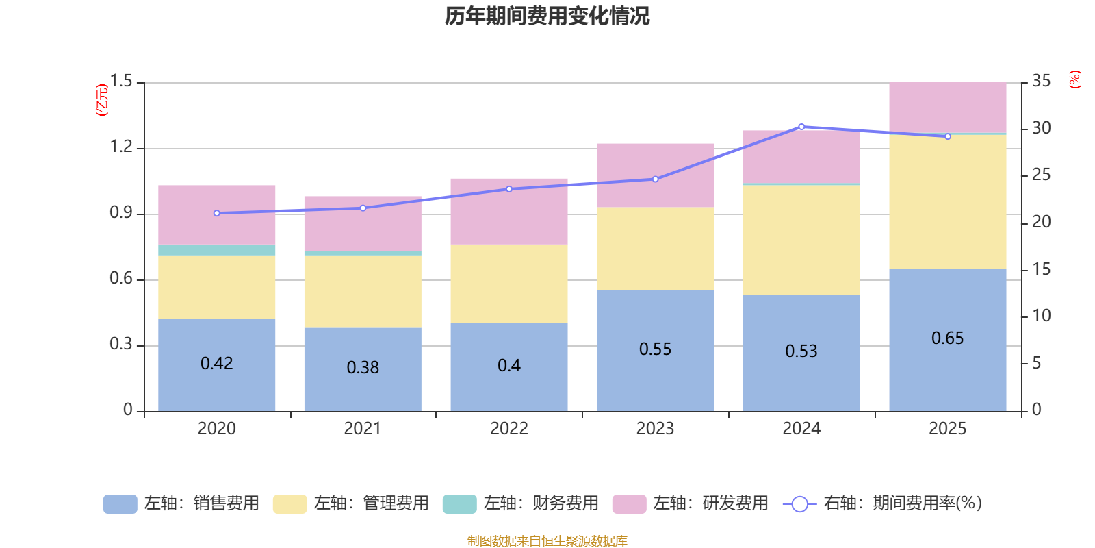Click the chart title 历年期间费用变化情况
(547, 16)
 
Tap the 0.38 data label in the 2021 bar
(363, 368)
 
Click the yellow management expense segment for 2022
(509, 284)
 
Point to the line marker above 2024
(801, 127)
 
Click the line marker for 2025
(948, 136)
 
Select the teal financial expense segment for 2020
(217, 250)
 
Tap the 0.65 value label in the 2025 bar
(948, 338)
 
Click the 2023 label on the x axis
(656, 429)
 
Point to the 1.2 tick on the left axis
(121, 147)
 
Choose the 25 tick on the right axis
(1041, 175)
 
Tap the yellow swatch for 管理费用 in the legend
(289, 504)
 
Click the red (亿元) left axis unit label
(102, 100)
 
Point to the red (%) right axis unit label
(1074, 79)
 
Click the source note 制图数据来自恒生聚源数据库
(547, 541)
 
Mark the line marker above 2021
(363, 208)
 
